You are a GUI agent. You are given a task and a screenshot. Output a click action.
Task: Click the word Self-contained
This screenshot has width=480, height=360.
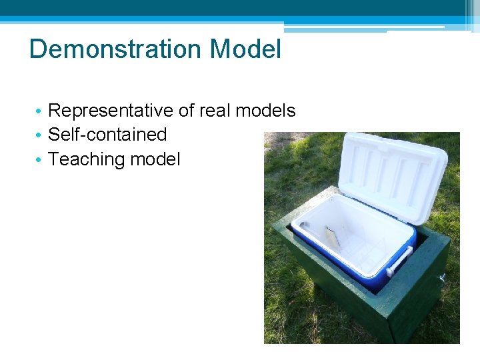107,135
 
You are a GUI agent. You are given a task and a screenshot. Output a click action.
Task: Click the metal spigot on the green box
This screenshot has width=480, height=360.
441,277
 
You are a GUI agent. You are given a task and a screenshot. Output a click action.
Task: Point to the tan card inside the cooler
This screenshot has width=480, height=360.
332,236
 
